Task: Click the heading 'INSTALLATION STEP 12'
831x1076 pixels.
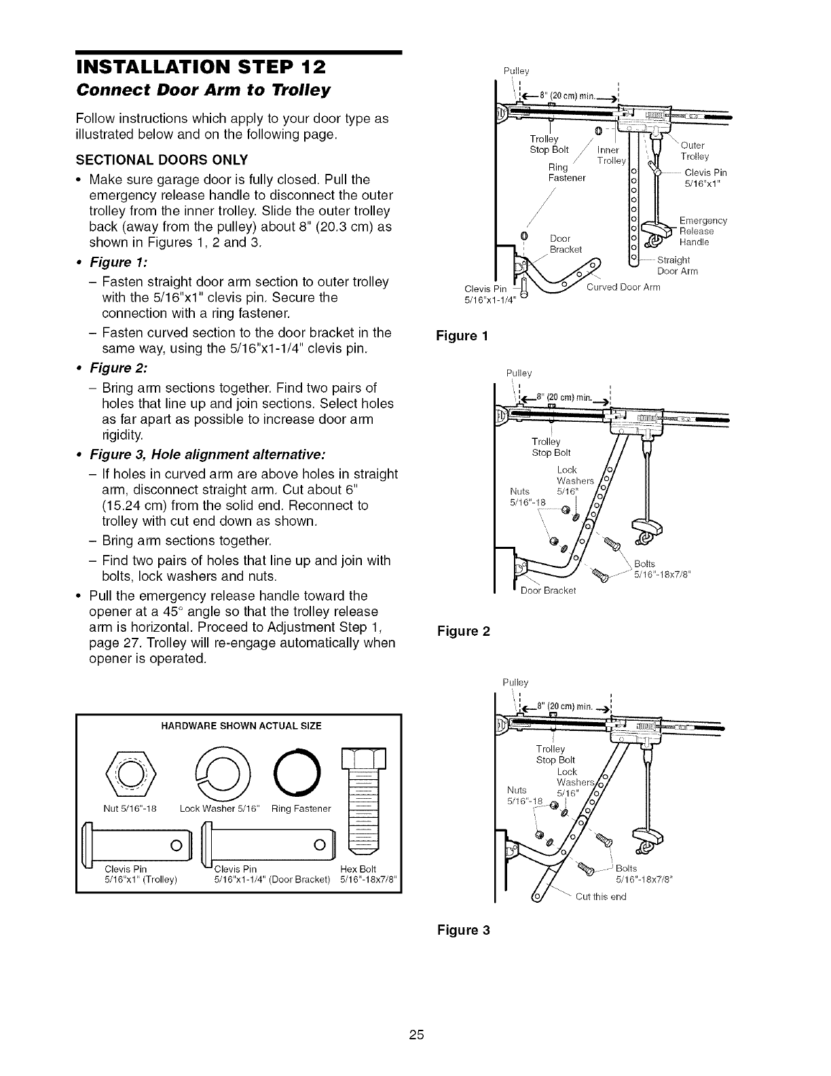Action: point(201,68)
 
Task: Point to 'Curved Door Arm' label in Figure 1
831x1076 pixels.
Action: point(623,287)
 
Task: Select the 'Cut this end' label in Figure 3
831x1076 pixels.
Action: point(600,896)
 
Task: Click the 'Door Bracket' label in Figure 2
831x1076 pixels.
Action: point(548,590)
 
